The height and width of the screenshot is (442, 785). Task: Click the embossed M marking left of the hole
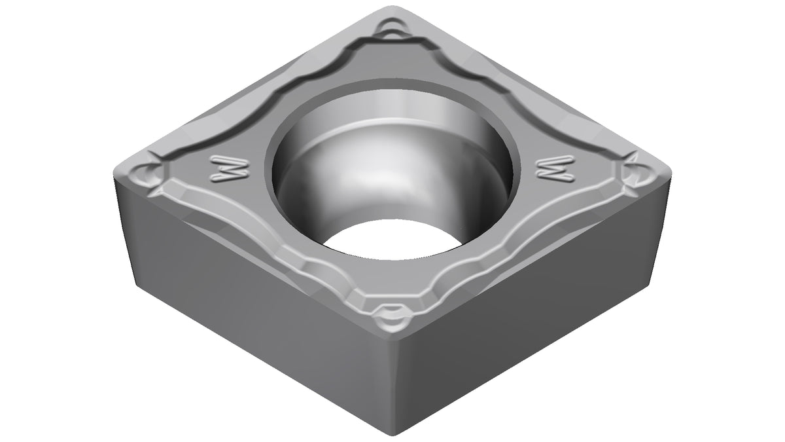pyautogui.click(x=229, y=168)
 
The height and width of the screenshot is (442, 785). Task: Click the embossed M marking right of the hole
pyautogui.click(x=557, y=168)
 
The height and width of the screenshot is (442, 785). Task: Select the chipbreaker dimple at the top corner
pyautogui.click(x=392, y=29)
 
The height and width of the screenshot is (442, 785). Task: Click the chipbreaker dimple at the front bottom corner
pyautogui.click(x=392, y=318)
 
